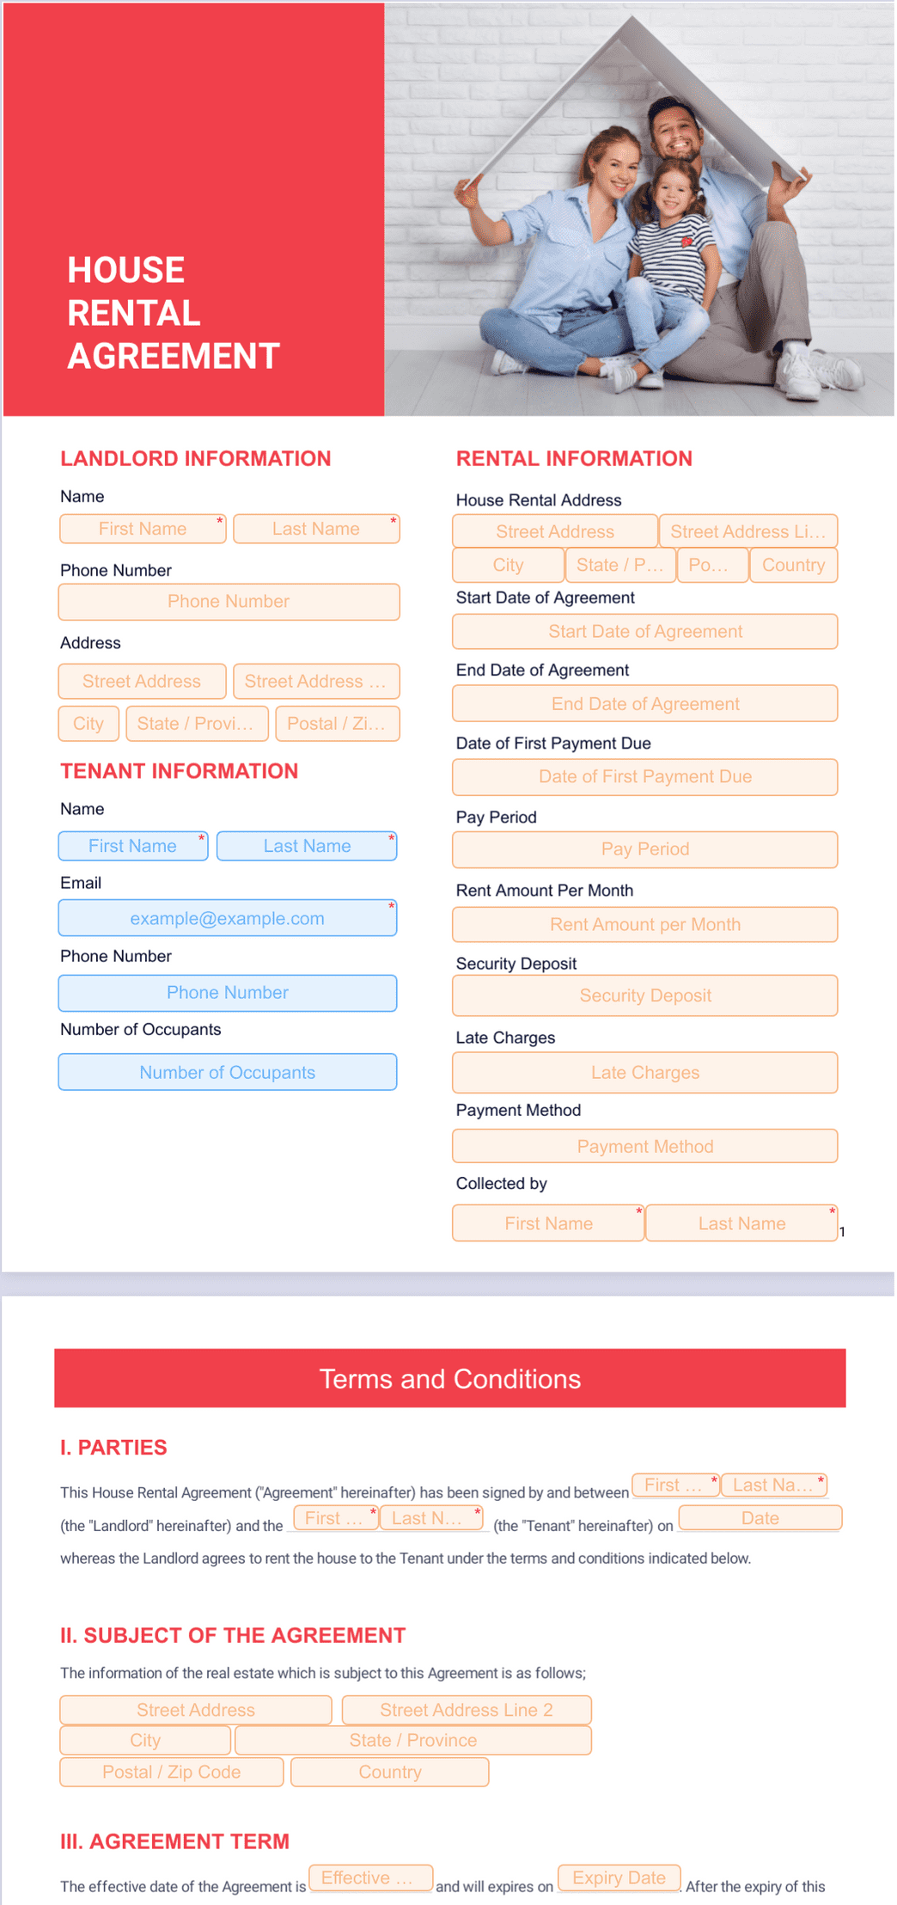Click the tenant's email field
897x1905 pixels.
pyautogui.click(x=227, y=918)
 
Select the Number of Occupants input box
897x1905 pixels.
pyautogui.click(x=227, y=1072)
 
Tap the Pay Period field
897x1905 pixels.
pyautogui.click(x=644, y=849)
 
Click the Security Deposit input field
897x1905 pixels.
pyautogui.click(x=644, y=995)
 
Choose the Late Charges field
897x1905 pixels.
pyautogui.click(x=644, y=1073)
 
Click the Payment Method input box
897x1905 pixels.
pyautogui.click(x=644, y=1146)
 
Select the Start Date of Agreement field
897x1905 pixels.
pyautogui.click(x=644, y=632)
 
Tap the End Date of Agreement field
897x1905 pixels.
pyautogui.click(x=644, y=704)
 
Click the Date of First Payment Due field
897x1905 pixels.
pyautogui.click(x=644, y=777)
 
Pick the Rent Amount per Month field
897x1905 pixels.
pyautogui.click(x=644, y=925)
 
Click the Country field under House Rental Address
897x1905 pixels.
pyautogui.click(x=793, y=566)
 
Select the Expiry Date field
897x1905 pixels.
pyautogui.click(x=619, y=1877)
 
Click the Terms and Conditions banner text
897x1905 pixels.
pyautogui.click(x=449, y=1379)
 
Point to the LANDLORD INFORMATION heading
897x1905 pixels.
pyautogui.click(x=195, y=459)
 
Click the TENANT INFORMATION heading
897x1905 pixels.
pyautogui.click(x=179, y=771)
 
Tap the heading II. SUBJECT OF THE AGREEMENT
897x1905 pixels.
pyautogui.click(x=232, y=1635)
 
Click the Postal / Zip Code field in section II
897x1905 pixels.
pyautogui.click(x=171, y=1772)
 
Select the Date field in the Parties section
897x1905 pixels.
pyautogui.click(x=760, y=1518)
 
